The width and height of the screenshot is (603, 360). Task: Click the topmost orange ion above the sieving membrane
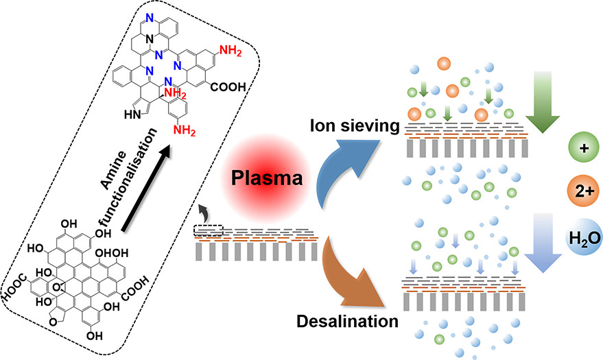click(x=442, y=63)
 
